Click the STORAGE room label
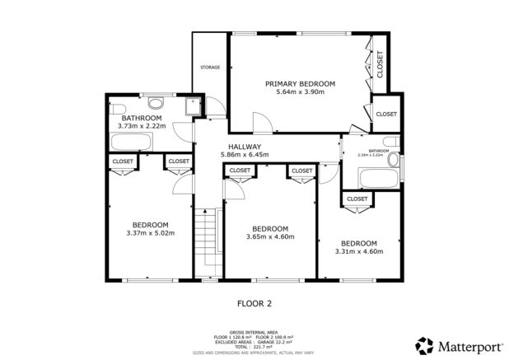(x=208, y=68)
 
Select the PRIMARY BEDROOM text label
(x=300, y=83)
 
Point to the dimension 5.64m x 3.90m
(x=300, y=92)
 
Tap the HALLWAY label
(x=245, y=147)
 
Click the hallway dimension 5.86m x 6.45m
(x=245, y=155)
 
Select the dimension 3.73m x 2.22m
(x=142, y=126)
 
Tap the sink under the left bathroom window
(x=155, y=104)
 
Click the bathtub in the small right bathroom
(x=377, y=179)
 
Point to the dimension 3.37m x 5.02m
(x=150, y=234)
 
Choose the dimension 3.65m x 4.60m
(x=269, y=237)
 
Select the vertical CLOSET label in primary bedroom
(x=380, y=64)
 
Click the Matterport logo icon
(x=423, y=344)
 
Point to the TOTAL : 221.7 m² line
(x=254, y=347)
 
